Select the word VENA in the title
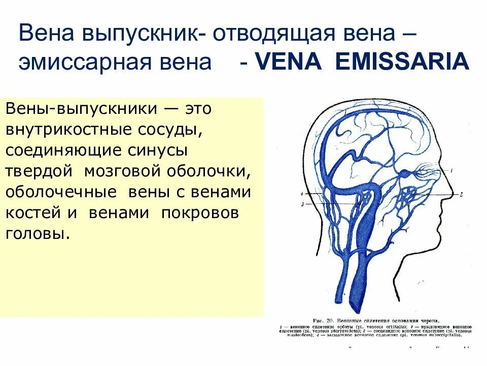286,62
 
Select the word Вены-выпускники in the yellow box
77,109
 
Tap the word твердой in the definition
39,171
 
